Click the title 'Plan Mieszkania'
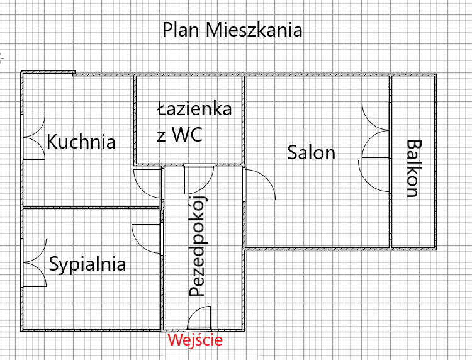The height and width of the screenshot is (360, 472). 232,30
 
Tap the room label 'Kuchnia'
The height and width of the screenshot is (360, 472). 81,142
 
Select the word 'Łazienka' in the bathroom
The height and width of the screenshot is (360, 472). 194,109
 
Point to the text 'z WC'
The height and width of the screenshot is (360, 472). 179,135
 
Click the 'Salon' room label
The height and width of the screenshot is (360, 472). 311,152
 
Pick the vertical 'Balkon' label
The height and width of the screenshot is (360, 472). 413,169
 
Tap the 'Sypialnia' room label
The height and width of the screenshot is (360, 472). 87,264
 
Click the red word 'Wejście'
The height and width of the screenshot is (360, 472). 195,341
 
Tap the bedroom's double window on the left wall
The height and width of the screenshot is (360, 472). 34,261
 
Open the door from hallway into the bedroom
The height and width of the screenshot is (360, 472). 147,237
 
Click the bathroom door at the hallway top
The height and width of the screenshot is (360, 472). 199,179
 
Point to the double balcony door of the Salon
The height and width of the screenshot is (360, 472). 376,129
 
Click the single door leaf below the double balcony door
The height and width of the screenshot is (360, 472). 374,174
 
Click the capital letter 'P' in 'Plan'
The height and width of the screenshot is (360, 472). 168,30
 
